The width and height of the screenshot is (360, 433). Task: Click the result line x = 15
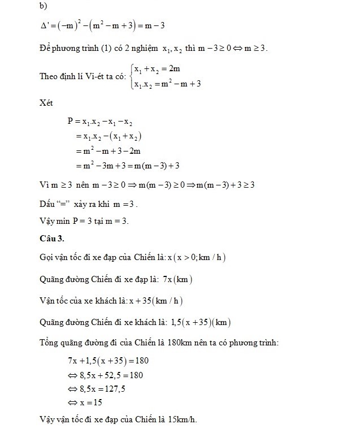point(86,403)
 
